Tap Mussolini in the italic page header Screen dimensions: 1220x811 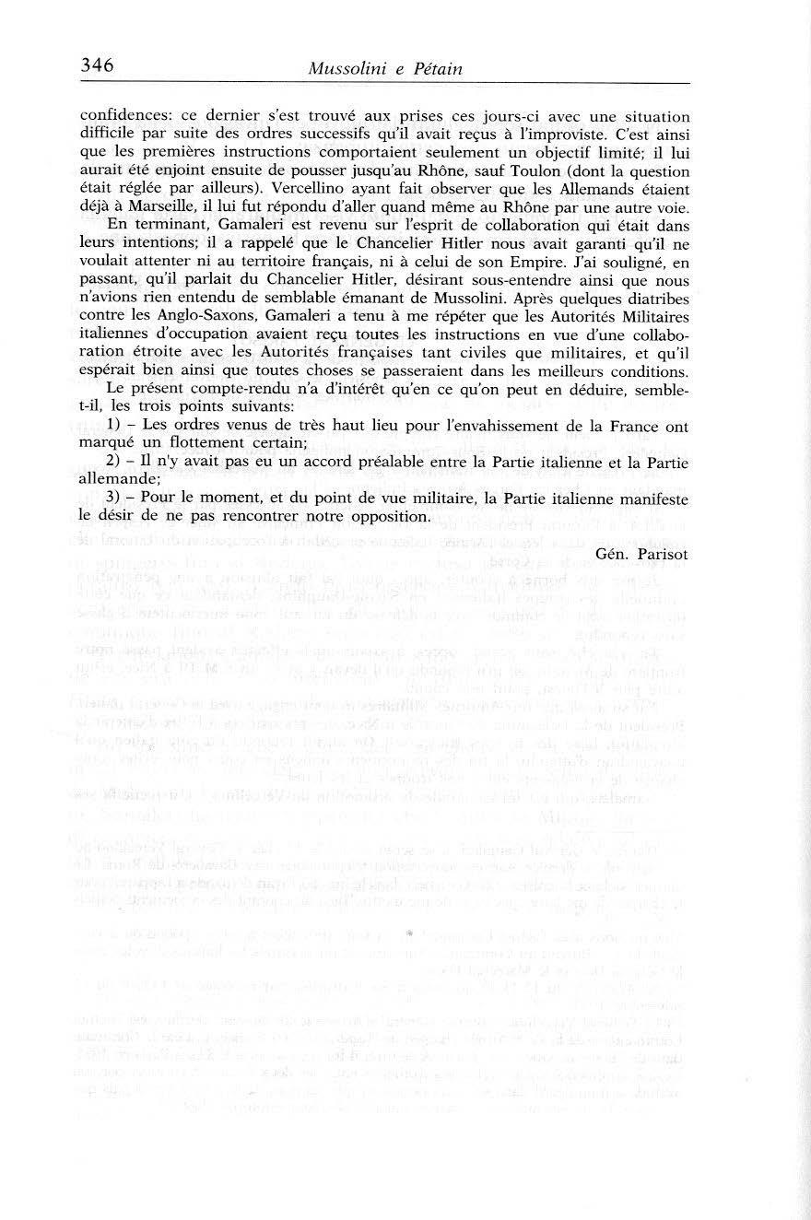(x=353, y=69)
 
